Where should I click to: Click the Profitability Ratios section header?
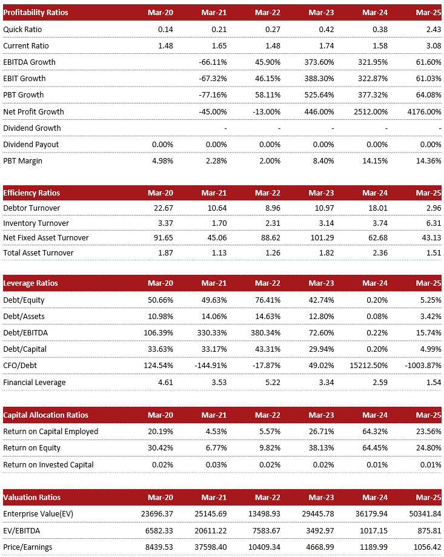[x=36, y=13]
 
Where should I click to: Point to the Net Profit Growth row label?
[x=33, y=111]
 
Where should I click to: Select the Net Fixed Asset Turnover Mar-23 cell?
[x=323, y=237]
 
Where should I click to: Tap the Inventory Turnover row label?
[x=36, y=223]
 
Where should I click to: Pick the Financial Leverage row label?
[x=35, y=383]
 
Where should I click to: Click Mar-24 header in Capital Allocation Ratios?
[x=375, y=415]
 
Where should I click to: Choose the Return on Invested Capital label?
[x=48, y=465]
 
